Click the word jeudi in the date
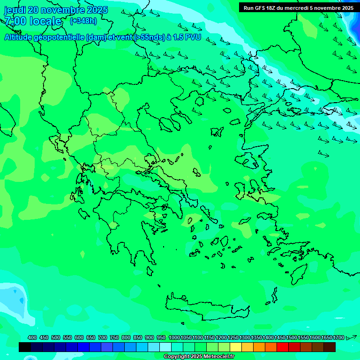(x=15, y=10)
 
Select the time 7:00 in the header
(x=15, y=21)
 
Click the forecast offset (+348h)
(x=83, y=21)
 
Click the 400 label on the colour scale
(x=32, y=338)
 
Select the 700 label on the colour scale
(x=103, y=338)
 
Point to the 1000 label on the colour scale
(x=174, y=338)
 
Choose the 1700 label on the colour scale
(x=338, y=338)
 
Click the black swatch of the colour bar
(x=25, y=347)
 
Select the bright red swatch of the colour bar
(x=283, y=347)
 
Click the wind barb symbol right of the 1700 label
(x=351, y=337)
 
